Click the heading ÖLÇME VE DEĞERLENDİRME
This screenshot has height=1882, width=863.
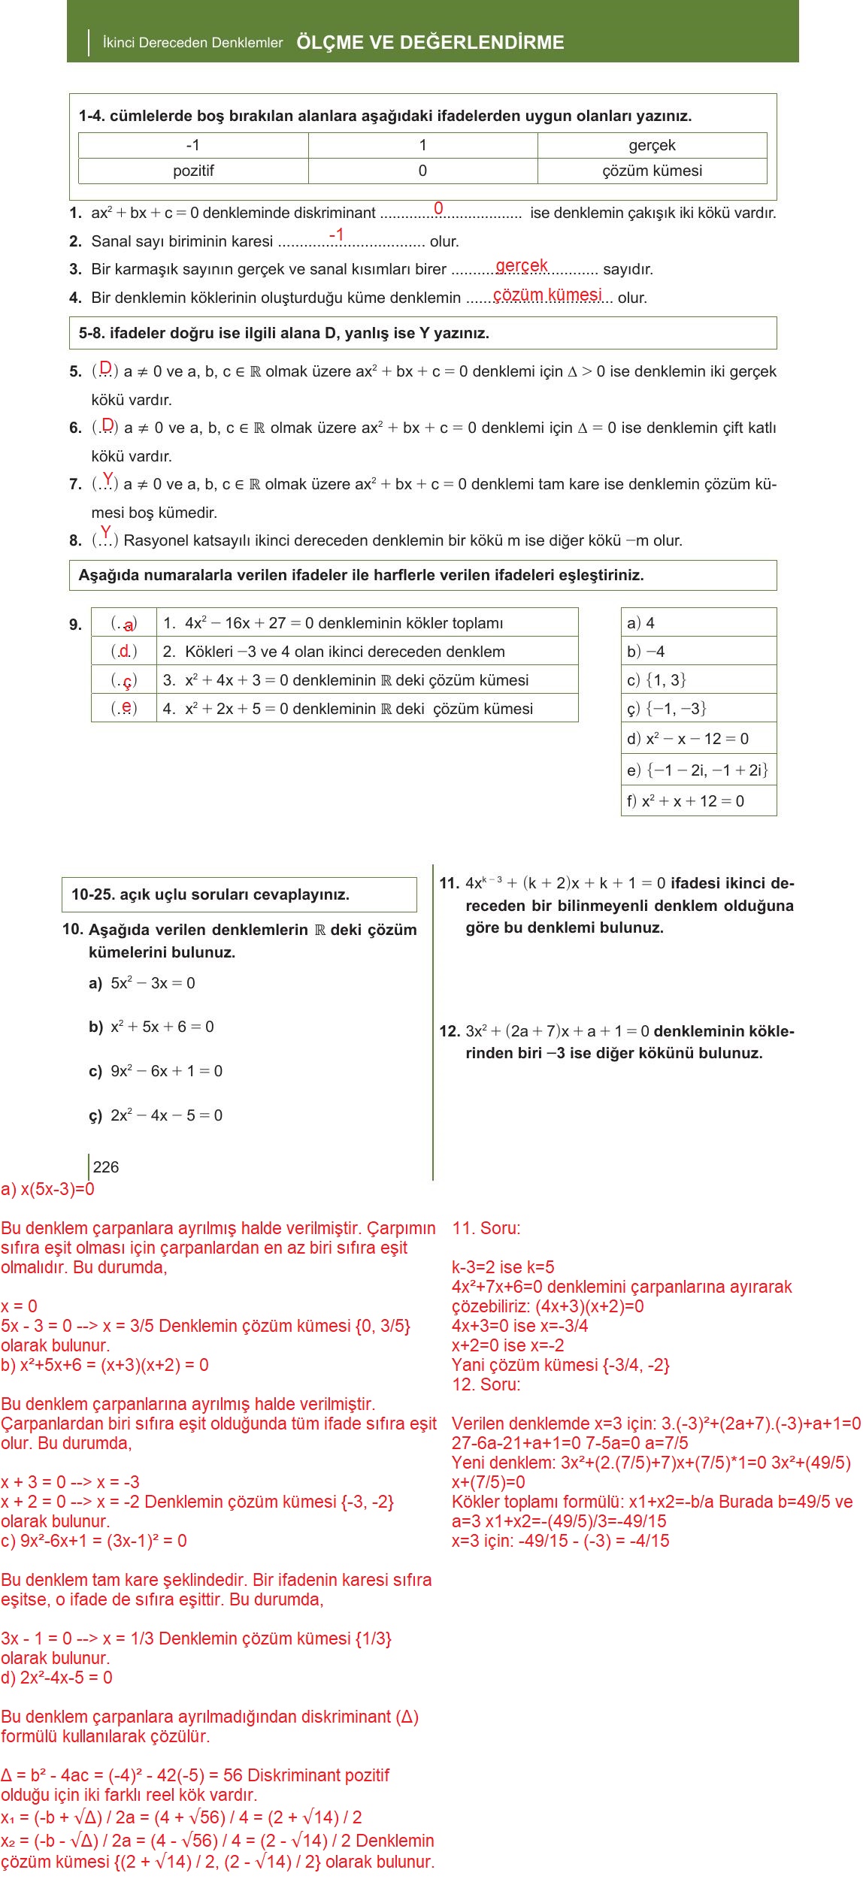[430, 42]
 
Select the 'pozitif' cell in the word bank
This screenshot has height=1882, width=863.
[193, 171]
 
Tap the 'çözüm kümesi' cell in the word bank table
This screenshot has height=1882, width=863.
[652, 171]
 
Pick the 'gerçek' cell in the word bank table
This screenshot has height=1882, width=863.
[652, 145]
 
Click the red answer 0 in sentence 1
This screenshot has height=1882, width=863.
[438, 207]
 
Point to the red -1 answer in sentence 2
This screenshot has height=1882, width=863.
[337, 235]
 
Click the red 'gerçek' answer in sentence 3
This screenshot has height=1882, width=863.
[522, 265]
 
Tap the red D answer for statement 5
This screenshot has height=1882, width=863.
[106, 368]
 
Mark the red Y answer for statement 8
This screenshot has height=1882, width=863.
[106, 532]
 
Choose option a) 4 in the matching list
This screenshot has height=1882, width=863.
[641, 623]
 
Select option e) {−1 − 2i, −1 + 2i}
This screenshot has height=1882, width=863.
[697, 770]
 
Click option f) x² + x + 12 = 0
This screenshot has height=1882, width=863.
[686, 801]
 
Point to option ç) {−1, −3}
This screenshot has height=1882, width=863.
[667, 709]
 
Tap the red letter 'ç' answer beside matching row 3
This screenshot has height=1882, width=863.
[127, 681]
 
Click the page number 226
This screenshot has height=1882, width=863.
[106, 1167]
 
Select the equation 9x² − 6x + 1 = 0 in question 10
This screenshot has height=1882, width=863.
[166, 1071]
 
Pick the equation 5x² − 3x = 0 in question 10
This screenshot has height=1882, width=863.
[153, 983]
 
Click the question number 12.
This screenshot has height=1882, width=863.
[450, 1031]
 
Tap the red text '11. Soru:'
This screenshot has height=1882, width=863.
[486, 1228]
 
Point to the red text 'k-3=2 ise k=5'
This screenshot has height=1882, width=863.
[503, 1267]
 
